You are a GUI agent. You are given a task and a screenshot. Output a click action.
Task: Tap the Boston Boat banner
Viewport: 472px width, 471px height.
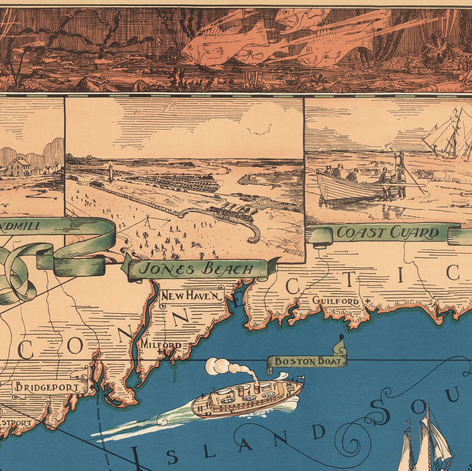point(307,361)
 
